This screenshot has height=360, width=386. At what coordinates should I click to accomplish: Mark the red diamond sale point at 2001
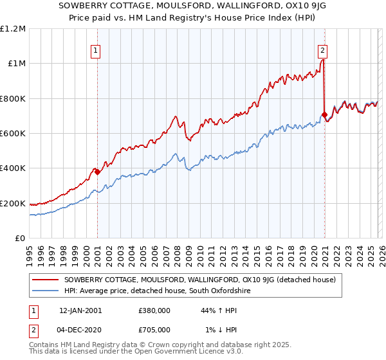pos(97,172)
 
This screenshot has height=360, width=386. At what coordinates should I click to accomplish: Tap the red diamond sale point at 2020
pos(324,115)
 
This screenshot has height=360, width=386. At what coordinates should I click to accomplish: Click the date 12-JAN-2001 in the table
pos(80,310)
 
